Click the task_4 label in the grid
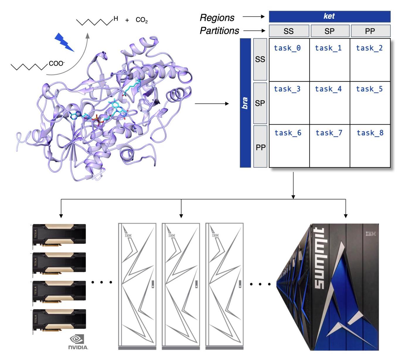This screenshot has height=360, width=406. click(x=328, y=89)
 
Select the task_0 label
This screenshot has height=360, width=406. click(x=287, y=48)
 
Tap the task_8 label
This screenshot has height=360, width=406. click(x=370, y=133)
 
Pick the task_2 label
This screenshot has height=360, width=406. click(x=369, y=48)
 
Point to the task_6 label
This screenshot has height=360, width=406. click(x=288, y=133)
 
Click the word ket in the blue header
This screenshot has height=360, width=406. click(x=329, y=16)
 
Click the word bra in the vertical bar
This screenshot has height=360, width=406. click(x=245, y=103)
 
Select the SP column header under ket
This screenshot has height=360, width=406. click(x=329, y=31)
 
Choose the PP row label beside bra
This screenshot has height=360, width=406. click(x=260, y=147)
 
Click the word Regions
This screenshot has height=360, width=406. click(x=217, y=18)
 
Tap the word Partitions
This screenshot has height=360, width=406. click(x=219, y=31)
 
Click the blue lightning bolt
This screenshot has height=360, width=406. click(x=64, y=42)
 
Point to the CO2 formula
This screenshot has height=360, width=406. click(x=142, y=20)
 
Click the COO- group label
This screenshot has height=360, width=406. click(x=57, y=63)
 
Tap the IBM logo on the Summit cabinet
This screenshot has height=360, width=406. click(x=371, y=234)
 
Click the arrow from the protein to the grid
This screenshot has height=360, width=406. click(x=212, y=103)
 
